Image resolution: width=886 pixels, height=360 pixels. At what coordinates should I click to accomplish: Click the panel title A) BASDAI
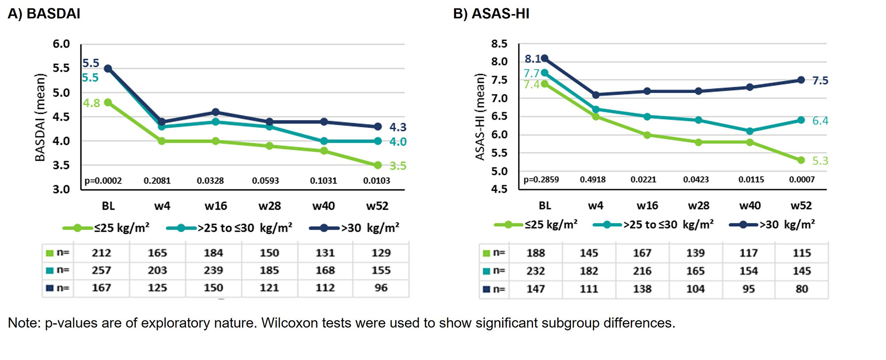(x=44, y=14)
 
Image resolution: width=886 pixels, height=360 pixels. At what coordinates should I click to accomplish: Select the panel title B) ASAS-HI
(x=491, y=14)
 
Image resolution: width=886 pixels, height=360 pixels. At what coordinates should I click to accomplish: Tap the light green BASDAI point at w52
(x=377, y=165)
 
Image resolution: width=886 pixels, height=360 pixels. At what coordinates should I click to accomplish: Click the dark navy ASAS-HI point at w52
(x=801, y=80)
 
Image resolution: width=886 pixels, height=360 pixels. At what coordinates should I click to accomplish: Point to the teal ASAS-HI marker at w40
(x=750, y=131)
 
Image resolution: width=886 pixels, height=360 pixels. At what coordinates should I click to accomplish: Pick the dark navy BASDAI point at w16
(x=215, y=112)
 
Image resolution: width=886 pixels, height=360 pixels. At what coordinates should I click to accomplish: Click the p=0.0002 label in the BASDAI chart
(x=103, y=181)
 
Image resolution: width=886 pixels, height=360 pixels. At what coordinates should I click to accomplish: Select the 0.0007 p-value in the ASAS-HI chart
(x=802, y=179)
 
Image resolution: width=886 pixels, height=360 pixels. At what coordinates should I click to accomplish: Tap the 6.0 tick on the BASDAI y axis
(x=61, y=44)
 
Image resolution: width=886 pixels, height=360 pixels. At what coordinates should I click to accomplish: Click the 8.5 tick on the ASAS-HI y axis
(x=499, y=44)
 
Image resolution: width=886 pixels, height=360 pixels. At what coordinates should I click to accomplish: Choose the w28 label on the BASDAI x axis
(x=269, y=206)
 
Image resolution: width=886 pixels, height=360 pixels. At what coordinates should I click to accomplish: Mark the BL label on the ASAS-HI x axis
(x=545, y=205)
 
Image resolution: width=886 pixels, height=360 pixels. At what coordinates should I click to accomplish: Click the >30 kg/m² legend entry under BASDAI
(x=354, y=228)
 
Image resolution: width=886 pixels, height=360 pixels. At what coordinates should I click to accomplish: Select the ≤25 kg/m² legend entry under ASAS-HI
(x=536, y=225)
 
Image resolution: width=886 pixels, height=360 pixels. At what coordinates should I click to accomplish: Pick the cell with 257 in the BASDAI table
(x=101, y=270)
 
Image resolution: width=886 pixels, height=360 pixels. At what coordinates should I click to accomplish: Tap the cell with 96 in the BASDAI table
(x=381, y=288)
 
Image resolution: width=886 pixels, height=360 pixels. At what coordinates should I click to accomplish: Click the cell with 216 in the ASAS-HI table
(x=642, y=271)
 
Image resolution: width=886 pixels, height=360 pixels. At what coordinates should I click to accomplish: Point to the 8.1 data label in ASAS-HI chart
(x=532, y=58)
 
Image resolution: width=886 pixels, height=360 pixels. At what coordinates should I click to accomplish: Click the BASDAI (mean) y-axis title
(x=40, y=117)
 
